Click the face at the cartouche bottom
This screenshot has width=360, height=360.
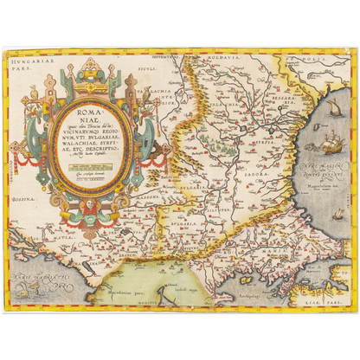point(90,206)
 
